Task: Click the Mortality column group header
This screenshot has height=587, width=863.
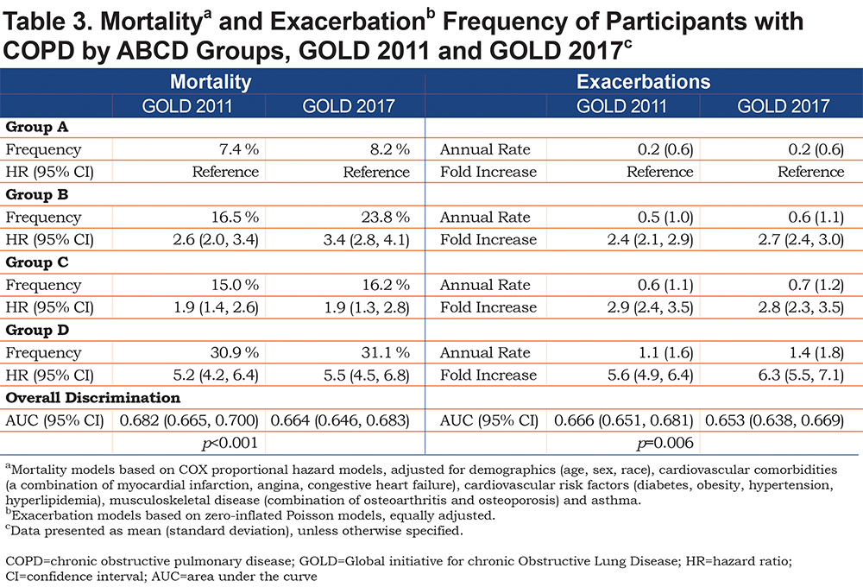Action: (211, 81)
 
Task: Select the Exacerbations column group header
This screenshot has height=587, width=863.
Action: (644, 81)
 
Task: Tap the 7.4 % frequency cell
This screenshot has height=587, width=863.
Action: (239, 149)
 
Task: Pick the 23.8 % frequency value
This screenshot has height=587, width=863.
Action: (385, 217)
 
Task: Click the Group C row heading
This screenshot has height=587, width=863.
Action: (37, 262)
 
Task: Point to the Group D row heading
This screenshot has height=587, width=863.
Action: (37, 330)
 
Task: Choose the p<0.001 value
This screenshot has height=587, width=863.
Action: (230, 443)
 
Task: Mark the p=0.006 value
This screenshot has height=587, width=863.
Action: (665, 443)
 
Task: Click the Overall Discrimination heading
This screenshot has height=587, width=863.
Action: (93, 398)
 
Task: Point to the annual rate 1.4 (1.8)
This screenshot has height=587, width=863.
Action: (816, 352)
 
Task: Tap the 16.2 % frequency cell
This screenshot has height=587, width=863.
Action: (386, 285)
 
